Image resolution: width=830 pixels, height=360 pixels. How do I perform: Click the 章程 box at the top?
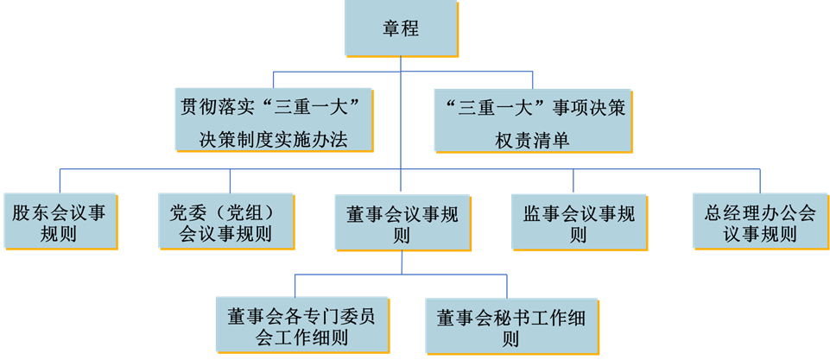(401, 28)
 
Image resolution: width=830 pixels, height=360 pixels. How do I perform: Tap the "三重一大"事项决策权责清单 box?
(533, 120)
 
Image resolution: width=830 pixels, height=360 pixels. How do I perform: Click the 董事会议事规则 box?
(402, 223)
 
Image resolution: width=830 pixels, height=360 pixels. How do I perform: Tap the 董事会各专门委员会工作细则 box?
(301, 325)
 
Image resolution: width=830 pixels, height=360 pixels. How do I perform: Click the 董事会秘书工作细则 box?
(511, 325)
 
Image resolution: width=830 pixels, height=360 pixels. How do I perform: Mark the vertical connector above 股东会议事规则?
(60, 180)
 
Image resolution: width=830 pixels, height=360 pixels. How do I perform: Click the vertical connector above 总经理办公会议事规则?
(759, 180)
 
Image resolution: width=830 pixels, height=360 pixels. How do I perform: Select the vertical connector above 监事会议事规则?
(573, 180)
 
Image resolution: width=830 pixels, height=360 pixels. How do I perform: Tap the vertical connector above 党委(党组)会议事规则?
(231, 180)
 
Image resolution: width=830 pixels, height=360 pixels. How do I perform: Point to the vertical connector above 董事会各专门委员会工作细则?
(295, 285)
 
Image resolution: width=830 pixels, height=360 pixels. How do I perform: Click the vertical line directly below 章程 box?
(402, 64)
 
